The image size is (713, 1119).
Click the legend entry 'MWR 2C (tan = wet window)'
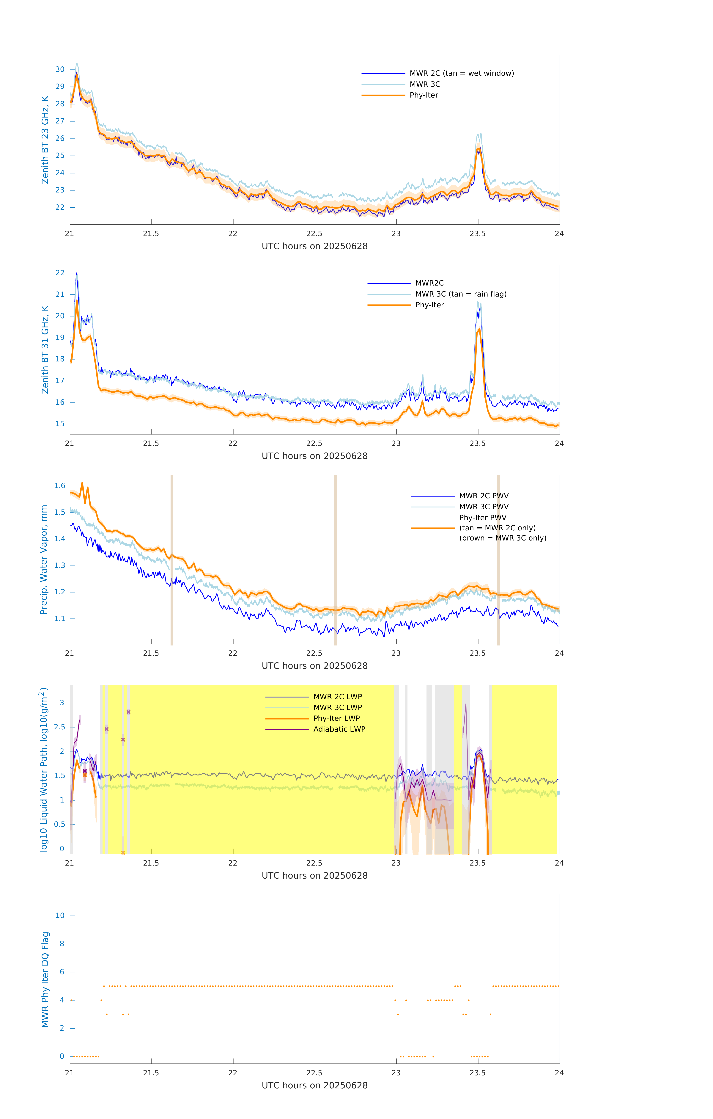coord(461,73)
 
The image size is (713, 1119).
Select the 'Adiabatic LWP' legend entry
coord(339,729)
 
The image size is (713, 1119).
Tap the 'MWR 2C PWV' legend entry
coord(484,496)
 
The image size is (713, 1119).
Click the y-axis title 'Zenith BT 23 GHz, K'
coord(45,140)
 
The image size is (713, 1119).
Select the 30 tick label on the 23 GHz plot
coord(60,69)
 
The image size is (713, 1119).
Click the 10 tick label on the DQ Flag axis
coord(60,916)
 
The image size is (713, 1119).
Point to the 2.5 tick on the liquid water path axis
coord(59,727)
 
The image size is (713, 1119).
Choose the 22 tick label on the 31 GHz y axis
coord(60,273)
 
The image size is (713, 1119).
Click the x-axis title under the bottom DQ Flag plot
coord(314,1086)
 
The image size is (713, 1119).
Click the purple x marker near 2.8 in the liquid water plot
coord(129,712)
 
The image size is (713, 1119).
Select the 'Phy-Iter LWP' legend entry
coord(336,718)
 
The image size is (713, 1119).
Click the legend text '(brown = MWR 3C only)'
coord(503,538)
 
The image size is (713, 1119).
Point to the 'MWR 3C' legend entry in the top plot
coord(425,84)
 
